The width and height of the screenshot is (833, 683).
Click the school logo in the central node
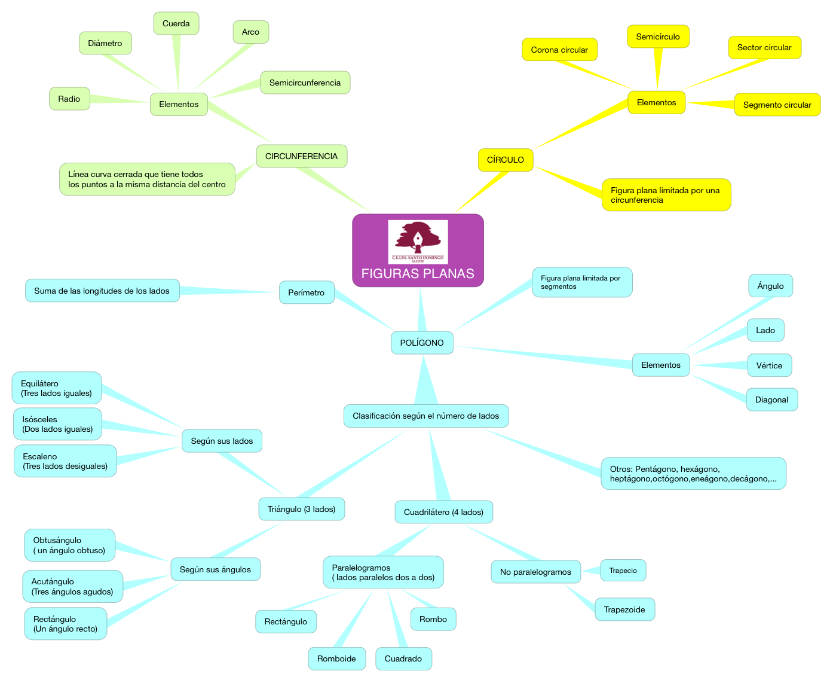[418, 242]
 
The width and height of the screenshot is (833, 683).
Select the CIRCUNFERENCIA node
[302, 156]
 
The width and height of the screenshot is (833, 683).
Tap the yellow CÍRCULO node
[506, 160]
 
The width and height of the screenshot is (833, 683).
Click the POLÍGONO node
[422, 343]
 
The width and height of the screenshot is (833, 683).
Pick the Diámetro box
[105, 43]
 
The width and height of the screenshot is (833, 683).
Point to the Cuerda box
[176, 23]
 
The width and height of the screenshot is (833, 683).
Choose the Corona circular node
[559, 50]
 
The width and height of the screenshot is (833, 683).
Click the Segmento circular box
[777, 105]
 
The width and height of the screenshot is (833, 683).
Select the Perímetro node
[307, 292]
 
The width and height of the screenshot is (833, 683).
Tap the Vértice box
[769, 365]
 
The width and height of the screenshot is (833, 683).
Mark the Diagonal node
[771, 400]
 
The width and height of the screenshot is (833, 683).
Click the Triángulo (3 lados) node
[302, 509]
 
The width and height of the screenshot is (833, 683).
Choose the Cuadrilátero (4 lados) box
[443, 512]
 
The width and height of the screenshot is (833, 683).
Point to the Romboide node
[336, 658]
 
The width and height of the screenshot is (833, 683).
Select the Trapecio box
[623, 571]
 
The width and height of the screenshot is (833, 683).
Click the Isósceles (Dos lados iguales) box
[57, 424]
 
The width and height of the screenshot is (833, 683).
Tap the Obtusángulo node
[69, 545]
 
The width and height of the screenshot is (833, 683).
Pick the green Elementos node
[179, 104]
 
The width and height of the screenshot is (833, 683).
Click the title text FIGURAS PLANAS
[418, 273]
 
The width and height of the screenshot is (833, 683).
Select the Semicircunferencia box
[305, 83]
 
